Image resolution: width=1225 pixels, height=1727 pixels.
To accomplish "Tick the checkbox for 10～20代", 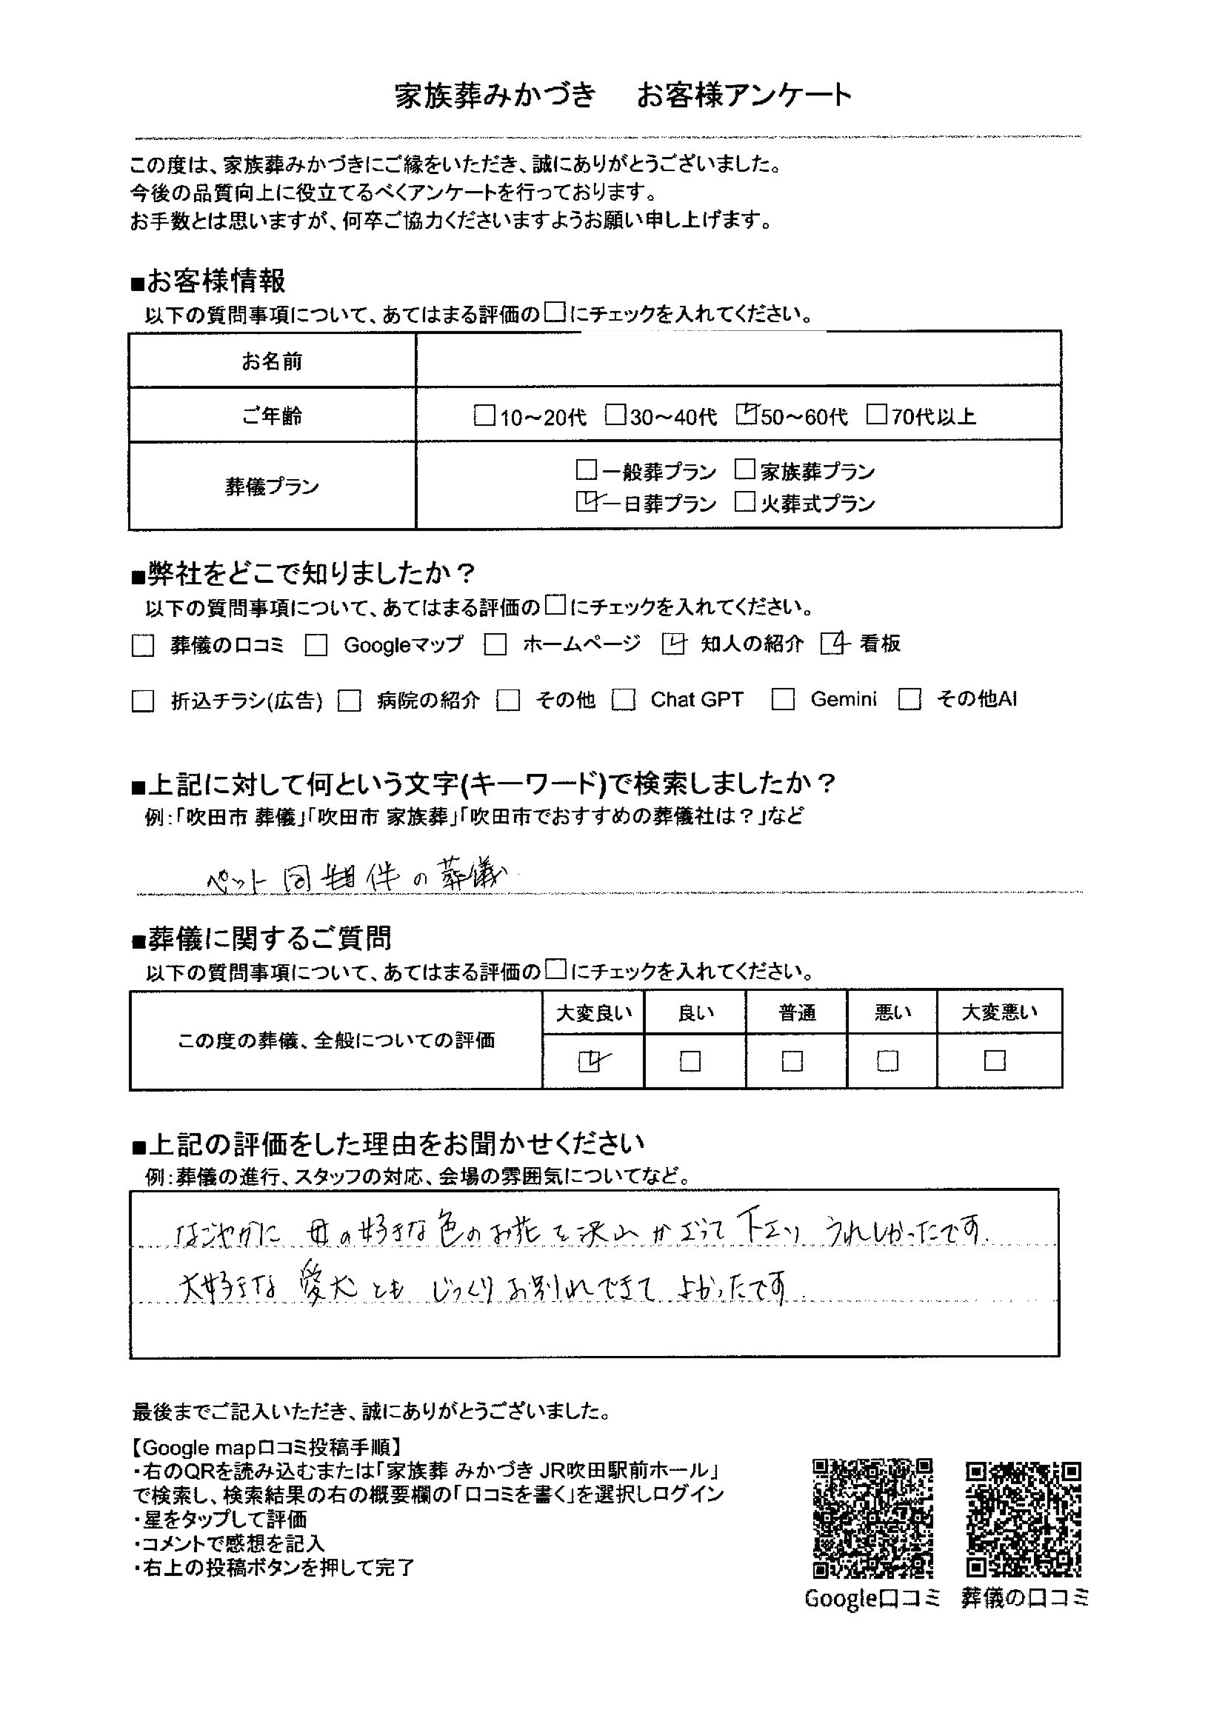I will (x=484, y=415).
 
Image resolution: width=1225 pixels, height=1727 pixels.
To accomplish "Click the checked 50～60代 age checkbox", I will (x=746, y=415).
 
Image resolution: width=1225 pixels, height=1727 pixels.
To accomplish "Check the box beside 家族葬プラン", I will (x=745, y=470).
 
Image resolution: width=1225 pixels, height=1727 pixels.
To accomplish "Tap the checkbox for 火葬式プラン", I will (x=745, y=502).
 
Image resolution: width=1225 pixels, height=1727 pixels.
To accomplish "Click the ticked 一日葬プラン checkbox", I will (x=586, y=502).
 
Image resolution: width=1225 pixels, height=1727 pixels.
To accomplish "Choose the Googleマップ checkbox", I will (x=316, y=646).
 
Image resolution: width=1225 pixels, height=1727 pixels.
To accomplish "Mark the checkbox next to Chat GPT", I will (x=623, y=701).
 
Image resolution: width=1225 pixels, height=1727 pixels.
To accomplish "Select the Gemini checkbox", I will (x=783, y=701).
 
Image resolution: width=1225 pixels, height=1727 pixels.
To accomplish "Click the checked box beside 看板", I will (x=832, y=644).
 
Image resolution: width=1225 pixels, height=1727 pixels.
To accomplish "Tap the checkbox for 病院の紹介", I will (x=350, y=701).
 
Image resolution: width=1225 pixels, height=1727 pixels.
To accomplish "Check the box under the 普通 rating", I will (x=792, y=1062).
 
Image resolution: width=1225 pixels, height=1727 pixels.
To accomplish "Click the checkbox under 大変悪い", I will (x=995, y=1061).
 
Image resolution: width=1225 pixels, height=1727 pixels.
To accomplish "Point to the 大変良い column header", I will (x=594, y=1014).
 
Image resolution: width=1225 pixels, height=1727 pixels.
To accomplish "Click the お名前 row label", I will (x=272, y=361).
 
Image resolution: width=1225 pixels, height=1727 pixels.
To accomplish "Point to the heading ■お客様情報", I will (x=209, y=281).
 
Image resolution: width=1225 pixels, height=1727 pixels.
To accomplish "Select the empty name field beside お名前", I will (x=738, y=361).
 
